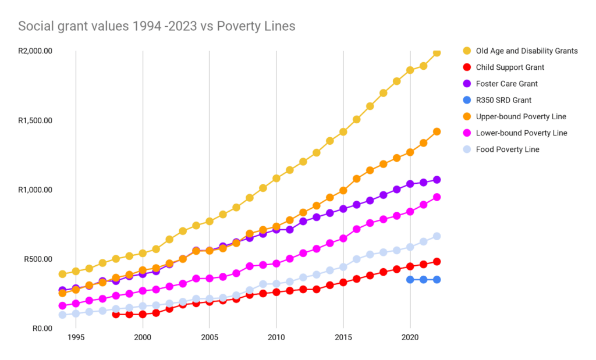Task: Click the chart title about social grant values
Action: [157, 26]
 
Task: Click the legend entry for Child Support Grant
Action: [510, 67]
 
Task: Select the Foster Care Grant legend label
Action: [506, 84]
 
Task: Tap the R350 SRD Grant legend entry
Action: [503, 100]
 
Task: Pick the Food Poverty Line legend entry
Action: [508, 149]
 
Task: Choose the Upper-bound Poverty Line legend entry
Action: [521, 116]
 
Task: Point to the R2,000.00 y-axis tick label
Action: [35, 51]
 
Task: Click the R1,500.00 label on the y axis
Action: [35, 120]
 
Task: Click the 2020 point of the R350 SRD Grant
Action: [410, 280]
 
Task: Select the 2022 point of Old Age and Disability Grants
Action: [437, 53]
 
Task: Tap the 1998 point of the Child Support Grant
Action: [116, 315]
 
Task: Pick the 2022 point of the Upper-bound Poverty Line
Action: [437, 131]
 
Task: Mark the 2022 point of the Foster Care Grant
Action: [437, 180]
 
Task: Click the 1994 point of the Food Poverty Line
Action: [62, 315]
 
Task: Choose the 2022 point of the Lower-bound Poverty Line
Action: [437, 197]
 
